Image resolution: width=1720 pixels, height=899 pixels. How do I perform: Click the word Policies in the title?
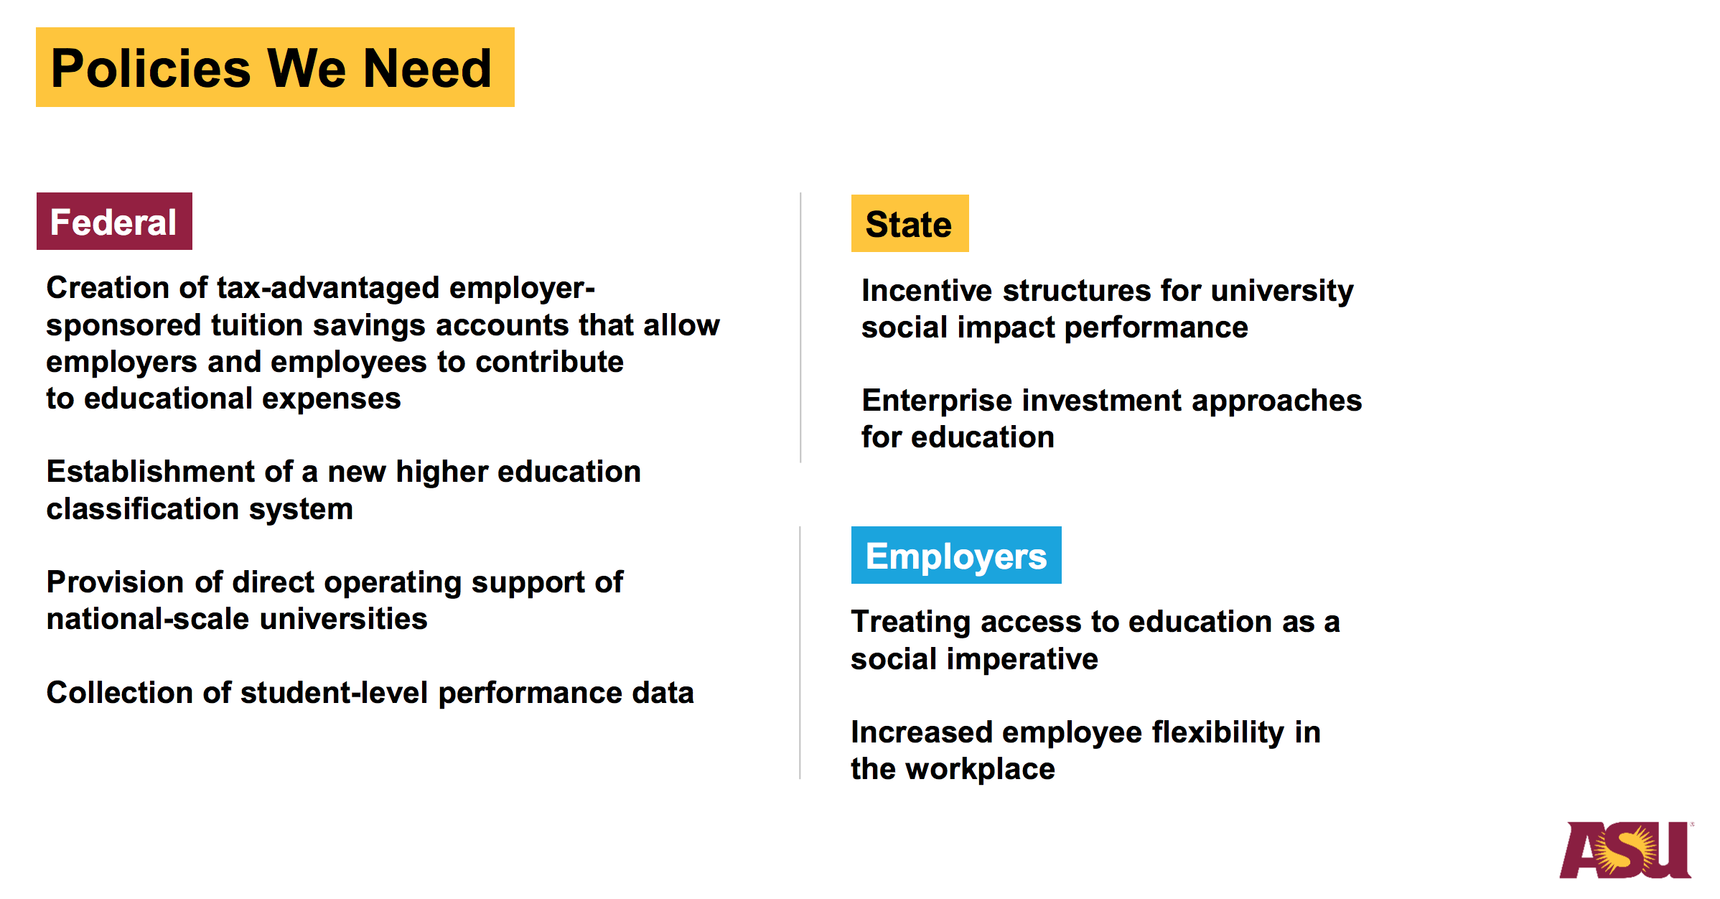click(x=151, y=68)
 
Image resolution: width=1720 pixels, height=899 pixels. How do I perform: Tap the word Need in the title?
click(x=428, y=68)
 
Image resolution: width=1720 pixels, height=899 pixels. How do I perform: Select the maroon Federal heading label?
click(x=114, y=221)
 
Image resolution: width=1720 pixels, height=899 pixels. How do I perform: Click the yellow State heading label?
click(x=910, y=223)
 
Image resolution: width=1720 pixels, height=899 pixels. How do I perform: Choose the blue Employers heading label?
click(x=956, y=555)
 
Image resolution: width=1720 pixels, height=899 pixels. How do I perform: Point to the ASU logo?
click(x=1627, y=849)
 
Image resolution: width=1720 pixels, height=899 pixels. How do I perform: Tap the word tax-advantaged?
click(x=328, y=288)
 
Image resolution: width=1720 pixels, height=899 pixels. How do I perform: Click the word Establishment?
click(x=151, y=472)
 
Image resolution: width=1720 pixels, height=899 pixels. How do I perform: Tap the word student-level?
click(x=335, y=693)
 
